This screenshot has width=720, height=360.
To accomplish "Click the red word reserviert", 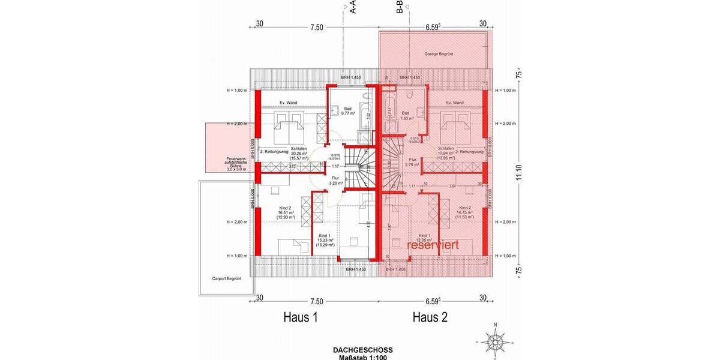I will tap(433, 245).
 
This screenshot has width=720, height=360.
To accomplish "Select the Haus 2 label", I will tap(430, 317).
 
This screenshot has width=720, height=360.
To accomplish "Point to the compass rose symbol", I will tap(495, 340).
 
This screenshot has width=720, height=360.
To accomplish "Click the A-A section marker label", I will tap(353, 8).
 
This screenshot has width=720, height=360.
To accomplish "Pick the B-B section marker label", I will tap(399, 8).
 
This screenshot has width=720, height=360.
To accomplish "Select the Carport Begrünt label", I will tap(226, 278).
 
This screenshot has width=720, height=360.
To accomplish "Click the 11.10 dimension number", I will tap(519, 173).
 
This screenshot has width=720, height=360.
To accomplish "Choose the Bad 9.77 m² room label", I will tap(331, 111).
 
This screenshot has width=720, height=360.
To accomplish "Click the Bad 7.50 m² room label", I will tap(406, 115).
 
